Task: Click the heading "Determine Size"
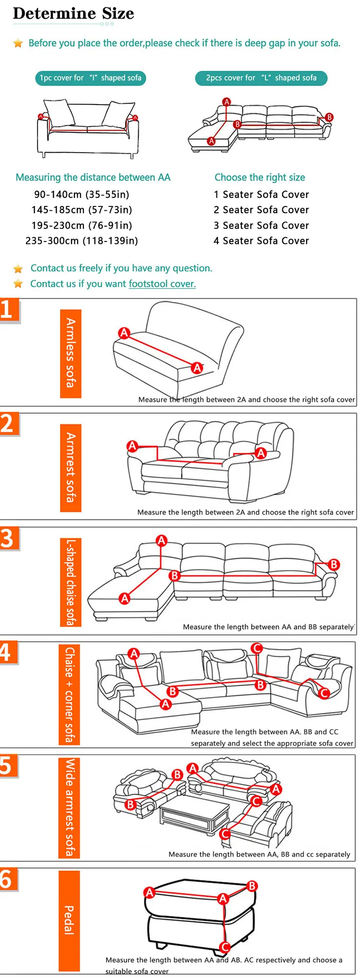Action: click(x=73, y=13)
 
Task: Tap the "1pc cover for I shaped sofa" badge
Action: click(x=90, y=78)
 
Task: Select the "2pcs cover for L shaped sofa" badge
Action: click(x=261, y=78)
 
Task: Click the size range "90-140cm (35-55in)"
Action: click(x=82, y=194)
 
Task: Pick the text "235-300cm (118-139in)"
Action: click(x=82, y=241)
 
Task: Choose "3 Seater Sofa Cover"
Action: click(x=261, y=225)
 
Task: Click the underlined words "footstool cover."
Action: click(x=162, y=284)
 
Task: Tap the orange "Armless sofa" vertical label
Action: click(x=71, y=353)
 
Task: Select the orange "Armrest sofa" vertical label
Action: click(x=71, y=468)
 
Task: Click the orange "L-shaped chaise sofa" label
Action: click(x=71, y=582)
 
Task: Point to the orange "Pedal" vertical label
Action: click(x=69, y=920)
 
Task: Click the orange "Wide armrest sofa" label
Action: click(x=69, y=808)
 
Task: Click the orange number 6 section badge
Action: click(x=9, y=879)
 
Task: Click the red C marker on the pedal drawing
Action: click(x=225, y=947)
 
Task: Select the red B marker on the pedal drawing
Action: click(x=252, y=886)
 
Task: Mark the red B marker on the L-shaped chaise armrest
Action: click(x=334, y=564)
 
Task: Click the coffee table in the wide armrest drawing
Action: click(x=194, y=812)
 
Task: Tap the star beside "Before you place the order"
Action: click(x=18, y=43)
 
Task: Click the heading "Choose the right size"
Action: click(x=260, y=177)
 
